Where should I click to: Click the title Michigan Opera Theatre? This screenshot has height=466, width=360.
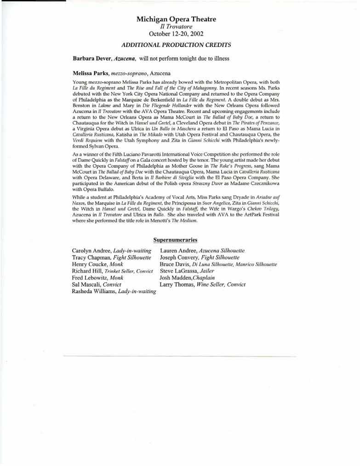click(176, 19)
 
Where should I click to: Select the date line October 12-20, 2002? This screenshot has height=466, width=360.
click(176, 34)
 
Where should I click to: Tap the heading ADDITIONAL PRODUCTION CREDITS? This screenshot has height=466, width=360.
click(176, 45)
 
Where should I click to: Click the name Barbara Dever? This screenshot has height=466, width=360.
click(92, 59)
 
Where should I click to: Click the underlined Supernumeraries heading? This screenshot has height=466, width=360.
click(176, 240)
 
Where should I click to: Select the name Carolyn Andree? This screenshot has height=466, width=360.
click(91, 250)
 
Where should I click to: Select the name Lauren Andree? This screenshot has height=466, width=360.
click(178, 250)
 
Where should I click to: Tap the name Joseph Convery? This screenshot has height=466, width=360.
click(180, 257)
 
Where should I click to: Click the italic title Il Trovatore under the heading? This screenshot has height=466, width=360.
click(176, 27)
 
